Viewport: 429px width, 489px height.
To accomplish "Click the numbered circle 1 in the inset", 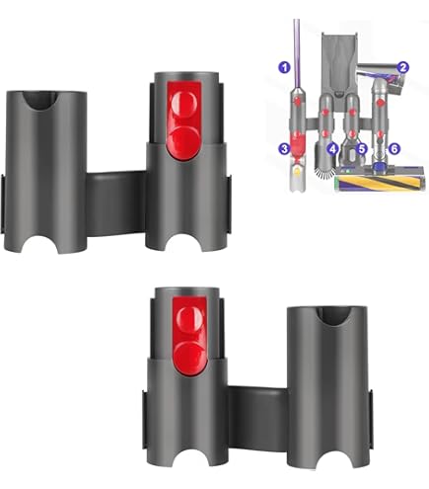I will coord(284,67).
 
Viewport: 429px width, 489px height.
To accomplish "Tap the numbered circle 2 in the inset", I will coord(402,67).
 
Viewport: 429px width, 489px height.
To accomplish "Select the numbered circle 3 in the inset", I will coord(283,148).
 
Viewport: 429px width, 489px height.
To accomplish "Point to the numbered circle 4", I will coord(332,148).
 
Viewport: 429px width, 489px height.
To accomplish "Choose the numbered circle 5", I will coord(362,148).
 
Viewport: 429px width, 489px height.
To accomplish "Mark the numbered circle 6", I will coord(394,148).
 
